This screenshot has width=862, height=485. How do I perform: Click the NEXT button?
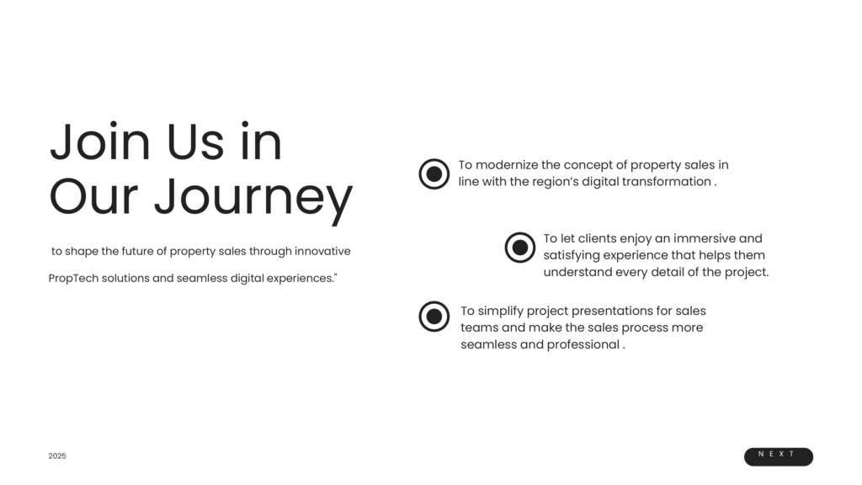pyautogui.click(x=779, y=456)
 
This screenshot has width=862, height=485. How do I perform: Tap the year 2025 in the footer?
pyautogui.click(x=57, y=456)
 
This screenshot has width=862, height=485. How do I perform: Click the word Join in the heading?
pyautogui.click(x=100, y=141)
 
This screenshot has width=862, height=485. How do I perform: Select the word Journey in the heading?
pyautogui.click(x=253, y=197)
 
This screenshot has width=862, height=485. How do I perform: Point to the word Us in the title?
pyautogui.click(x=195, y=141)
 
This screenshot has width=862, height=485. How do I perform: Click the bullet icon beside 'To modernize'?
pyautogui.click(x=434, y=173)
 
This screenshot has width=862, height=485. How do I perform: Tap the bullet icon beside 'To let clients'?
pyautogui.click(x=520, y=248)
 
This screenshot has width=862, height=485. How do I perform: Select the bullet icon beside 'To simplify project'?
pyautogui.click(x=434, y=317)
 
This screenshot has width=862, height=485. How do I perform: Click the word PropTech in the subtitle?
pyautogui.click(x=73, y=278)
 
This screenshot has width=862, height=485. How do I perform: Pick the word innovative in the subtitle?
pyautogui.click(x=322, y=251)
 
